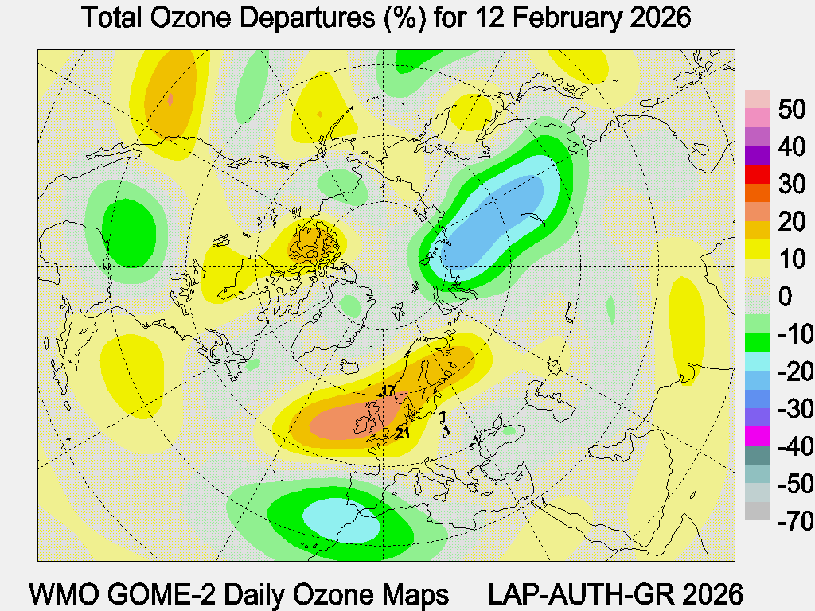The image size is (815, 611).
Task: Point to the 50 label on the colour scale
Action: coord(793,110)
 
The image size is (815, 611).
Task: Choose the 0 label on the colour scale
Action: coord(786,298)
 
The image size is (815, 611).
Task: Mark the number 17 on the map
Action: coord(388,390)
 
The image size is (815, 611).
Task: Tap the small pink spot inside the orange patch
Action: coord(171,99)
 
